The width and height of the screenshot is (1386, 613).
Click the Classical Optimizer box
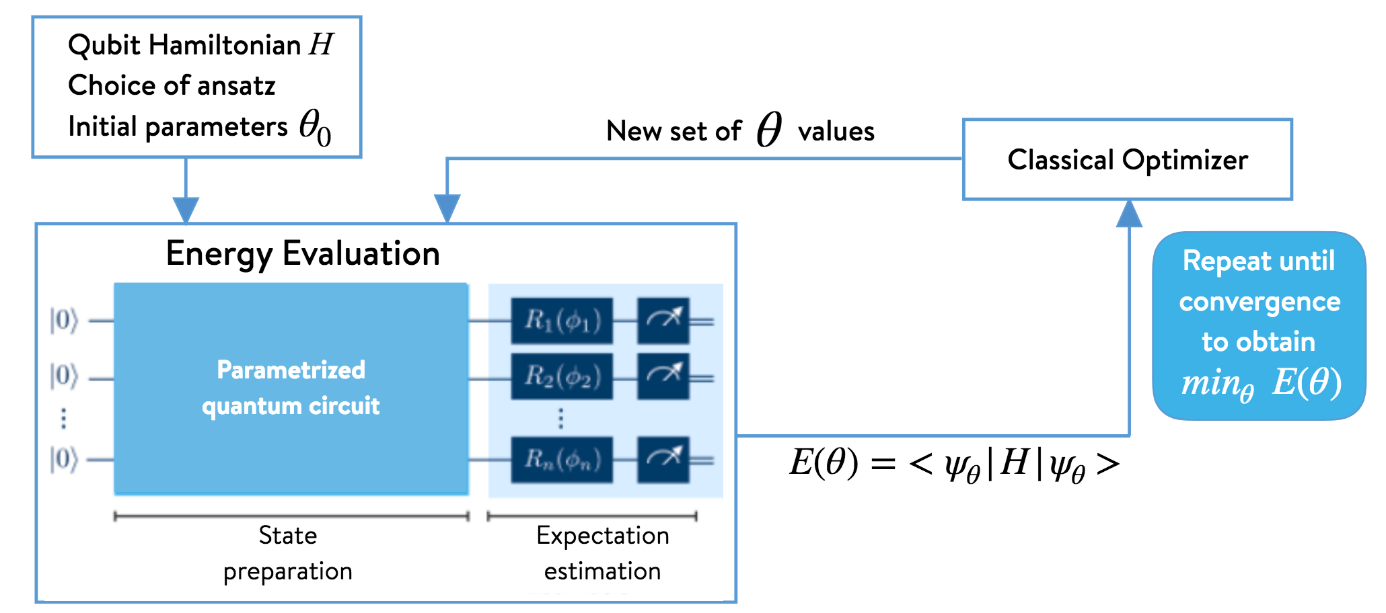coord(1127,160)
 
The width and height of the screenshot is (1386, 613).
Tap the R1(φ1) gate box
coord(562,321)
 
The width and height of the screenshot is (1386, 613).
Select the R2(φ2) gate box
coord(562,376)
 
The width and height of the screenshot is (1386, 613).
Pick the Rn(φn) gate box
coord(562,460)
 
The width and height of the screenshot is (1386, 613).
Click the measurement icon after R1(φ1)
coord(663,320)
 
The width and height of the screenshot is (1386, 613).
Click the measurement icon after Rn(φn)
coord(663,459)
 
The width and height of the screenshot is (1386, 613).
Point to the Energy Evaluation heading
coord(303,254)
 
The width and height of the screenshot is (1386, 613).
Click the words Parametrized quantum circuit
coord(291,388)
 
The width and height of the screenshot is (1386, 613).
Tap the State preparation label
coord(288,553)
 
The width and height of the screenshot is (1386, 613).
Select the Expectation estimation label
coord(602,553)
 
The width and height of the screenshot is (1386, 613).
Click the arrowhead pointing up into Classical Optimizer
coord(1129,213)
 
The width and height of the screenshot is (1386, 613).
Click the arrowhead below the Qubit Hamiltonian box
coord(186,209)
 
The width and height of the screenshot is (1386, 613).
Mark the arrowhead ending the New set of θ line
coord(447,208)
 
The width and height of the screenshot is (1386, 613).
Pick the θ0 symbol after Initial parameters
coord(315,127)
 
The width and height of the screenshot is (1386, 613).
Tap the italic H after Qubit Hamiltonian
coord(321,45)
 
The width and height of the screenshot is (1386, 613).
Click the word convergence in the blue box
coord(1260,302)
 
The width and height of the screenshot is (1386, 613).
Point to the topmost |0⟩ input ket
coord(64,320)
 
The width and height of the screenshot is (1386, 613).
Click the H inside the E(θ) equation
coord(1014,463)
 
